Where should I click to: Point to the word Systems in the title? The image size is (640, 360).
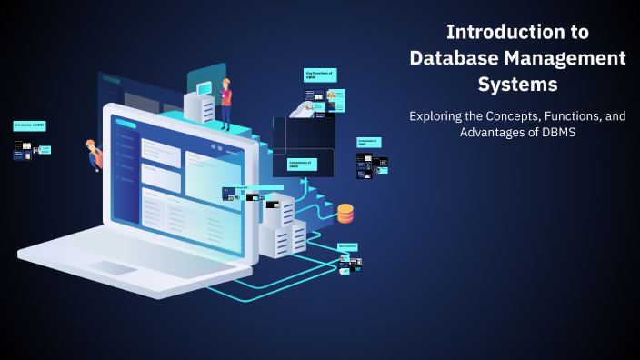pos(517,85)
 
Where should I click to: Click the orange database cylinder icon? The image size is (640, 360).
pos(345,214)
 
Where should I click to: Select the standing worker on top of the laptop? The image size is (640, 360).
pos(225,103)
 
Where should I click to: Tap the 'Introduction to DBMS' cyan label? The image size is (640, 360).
pos(29,125)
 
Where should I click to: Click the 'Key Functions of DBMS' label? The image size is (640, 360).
pos(319,75)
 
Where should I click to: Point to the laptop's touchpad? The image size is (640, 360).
pos(113,267)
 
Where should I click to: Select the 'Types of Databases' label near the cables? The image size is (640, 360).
pos(347,246)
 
